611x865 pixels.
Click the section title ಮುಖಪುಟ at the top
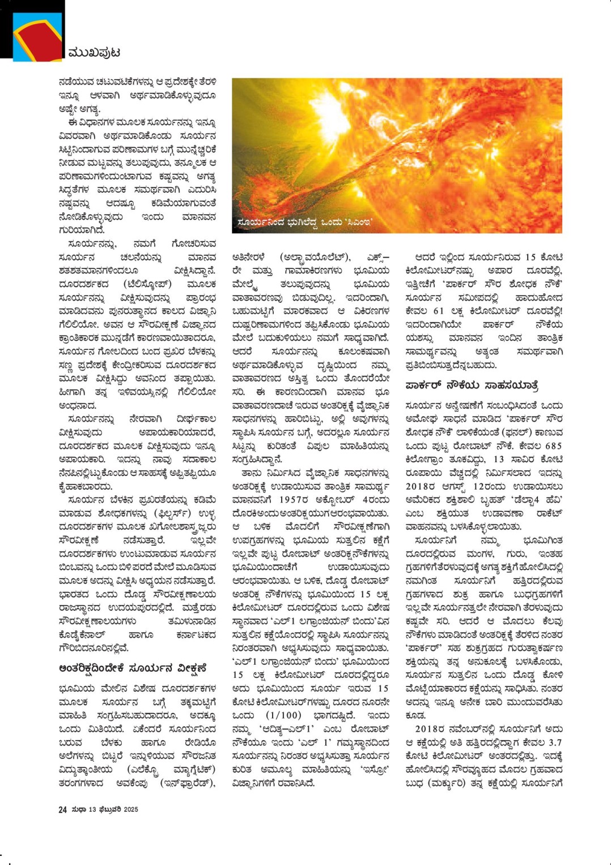coord(94,53)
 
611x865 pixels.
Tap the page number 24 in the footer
coord(62,809)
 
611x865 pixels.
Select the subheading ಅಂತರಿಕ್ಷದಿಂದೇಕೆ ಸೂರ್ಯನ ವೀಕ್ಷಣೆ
coord(131,668)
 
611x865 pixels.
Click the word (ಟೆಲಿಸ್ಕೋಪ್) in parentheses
coord(147,284)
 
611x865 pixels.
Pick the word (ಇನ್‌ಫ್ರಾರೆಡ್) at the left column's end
coord(187,783)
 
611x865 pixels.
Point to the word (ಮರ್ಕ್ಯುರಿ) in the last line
coord(451,783)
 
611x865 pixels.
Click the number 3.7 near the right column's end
coord(555,742)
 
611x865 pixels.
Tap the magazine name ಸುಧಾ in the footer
coord(78,809)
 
